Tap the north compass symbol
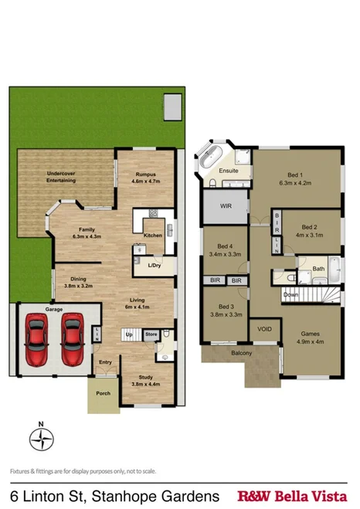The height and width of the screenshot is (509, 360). (40, 438)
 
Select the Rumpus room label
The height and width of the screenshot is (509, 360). (147, 174)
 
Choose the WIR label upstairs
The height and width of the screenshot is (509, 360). (226, 206)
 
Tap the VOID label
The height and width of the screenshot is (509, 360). (264, 328)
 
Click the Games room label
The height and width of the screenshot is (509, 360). (311, 334)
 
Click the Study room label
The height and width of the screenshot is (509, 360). (141, 378)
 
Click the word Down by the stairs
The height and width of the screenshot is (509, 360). (290, 294)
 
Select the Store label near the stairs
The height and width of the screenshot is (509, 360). (151, 334)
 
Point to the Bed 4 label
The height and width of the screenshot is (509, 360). (225, 246)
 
